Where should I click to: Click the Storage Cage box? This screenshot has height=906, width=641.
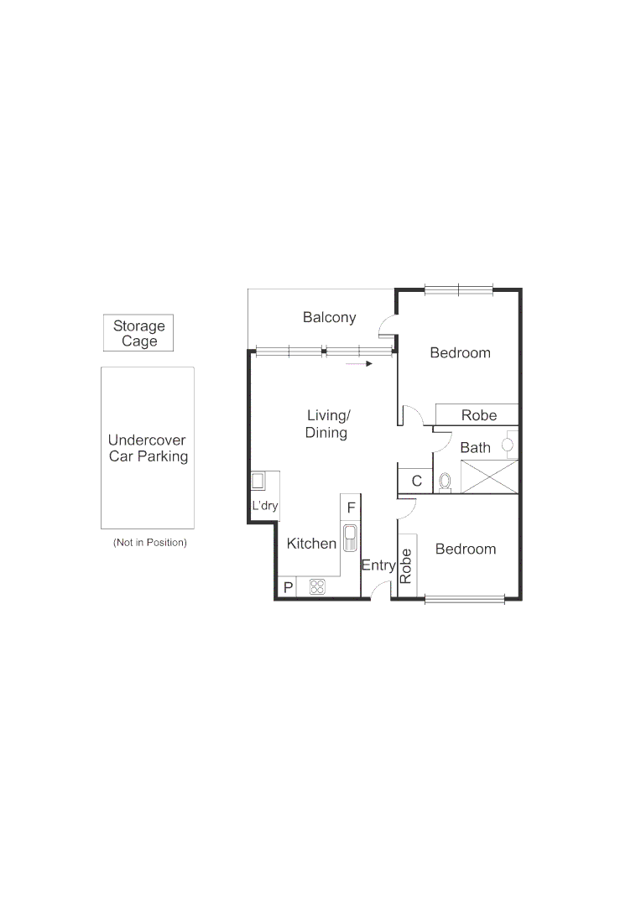(138, 333)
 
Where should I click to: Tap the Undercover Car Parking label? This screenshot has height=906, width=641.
(147, 449)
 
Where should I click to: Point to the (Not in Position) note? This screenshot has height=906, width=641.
(150, 543)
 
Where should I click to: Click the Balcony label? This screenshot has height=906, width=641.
(329, 317)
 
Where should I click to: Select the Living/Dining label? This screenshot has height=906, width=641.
(327, 424)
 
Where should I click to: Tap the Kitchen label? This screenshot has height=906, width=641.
(311, 544)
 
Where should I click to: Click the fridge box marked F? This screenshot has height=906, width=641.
(351, 508)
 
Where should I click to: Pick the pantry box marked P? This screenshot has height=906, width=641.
(288, 587)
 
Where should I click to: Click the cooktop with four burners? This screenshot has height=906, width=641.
(317, 587)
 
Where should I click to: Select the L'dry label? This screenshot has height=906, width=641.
(265, 506)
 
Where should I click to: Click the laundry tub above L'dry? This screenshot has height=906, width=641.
(258, 482)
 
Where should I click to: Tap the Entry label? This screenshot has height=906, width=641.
(378, 565)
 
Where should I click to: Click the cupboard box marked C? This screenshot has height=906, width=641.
(416, 482)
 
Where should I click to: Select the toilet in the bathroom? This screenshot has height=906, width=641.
(445, 482)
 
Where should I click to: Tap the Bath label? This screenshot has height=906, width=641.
(475, 447)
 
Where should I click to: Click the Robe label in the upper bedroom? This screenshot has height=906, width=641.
(478, 414)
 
